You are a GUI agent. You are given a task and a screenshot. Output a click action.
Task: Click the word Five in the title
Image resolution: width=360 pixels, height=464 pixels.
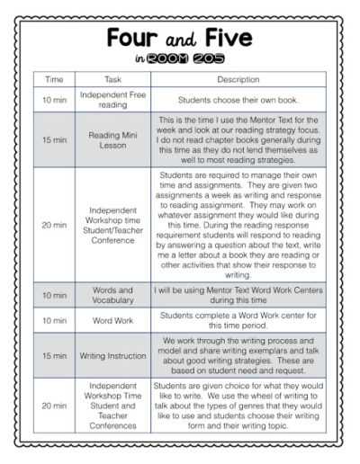click(x=229, y=40)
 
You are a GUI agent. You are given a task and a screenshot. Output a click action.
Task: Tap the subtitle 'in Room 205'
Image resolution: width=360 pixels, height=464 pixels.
click(x=180, y=60)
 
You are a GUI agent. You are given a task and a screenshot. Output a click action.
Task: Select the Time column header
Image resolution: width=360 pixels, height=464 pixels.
click(x=56, y=79)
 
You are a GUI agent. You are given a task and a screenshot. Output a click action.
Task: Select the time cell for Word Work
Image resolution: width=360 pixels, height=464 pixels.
click(x=56, y=321)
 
